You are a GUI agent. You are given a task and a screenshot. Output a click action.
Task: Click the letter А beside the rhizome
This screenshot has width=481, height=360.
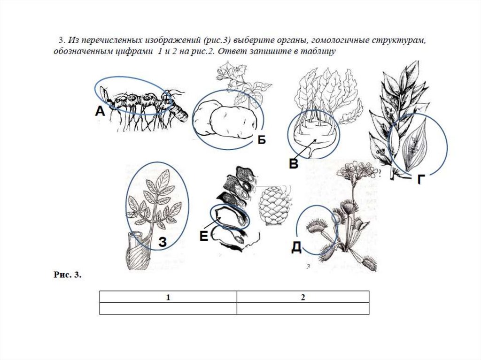pos(100,111)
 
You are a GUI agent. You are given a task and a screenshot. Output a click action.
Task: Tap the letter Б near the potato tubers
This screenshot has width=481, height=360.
pos(261,140)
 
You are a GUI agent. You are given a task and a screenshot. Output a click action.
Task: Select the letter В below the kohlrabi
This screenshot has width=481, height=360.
pos(294,164)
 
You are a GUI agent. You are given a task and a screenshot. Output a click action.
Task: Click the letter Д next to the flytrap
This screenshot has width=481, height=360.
pos(296,247)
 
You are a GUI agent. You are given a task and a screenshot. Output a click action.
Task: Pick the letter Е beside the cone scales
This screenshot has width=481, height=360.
pos(204,236)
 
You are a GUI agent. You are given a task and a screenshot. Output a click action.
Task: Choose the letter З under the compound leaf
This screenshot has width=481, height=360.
pos(163,242)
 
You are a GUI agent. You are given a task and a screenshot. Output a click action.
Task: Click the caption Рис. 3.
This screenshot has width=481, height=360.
pos(68,275)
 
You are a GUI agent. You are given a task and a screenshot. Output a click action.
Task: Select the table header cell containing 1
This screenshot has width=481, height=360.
pos(168,297)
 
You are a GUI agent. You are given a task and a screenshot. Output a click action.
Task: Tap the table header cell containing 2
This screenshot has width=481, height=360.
pos(303,297)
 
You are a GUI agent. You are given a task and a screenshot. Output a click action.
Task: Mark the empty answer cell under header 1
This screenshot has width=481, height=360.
pos(168,308)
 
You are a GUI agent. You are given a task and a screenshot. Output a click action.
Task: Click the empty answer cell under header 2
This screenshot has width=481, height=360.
pos(303,308)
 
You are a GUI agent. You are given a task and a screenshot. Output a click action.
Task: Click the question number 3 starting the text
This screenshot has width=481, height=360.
pos(62,40)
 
